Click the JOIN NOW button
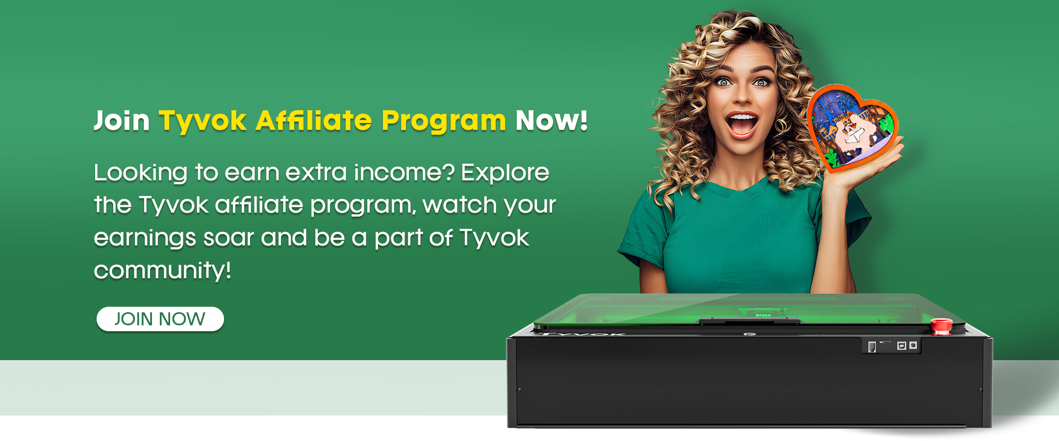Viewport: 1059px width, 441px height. pos(160,319)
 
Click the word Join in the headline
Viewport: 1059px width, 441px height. pos(122,121)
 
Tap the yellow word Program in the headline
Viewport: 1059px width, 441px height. pos(443,121)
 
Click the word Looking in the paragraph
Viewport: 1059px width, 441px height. pos(141,173)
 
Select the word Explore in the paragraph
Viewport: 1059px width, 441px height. pos(505,173)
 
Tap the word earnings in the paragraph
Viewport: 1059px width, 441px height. pos(145,239)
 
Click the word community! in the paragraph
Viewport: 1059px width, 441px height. pos(162,270)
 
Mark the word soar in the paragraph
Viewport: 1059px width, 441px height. pos(228,239)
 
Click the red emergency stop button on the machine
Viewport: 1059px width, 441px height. pos(941,326)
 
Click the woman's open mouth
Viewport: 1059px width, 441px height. pos(742,125)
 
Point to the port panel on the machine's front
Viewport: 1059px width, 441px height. pos(891,345)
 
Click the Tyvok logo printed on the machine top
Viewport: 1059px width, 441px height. pos(583,334)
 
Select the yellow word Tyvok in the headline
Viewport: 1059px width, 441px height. pos(202,121)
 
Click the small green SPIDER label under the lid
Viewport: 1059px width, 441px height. pos(763,315)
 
